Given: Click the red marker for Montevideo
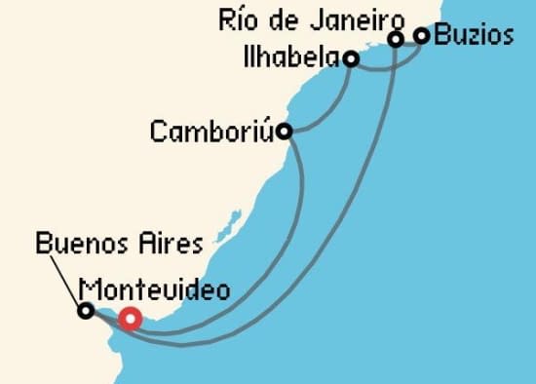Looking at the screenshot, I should pyautogui.click(x=130, y=319).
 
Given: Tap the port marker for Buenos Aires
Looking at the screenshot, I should pyautogui.click(x=86, y=311).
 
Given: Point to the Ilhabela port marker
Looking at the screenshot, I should pyautogui.click(x=350, y=59).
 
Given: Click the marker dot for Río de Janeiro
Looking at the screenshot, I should pyautogui.click(x=397, y=39).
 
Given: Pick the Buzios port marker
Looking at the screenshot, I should pyautogui.click(x=422, y=36).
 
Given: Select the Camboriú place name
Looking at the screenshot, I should pyautogui.click(x=211, y=132).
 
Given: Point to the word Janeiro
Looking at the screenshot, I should pyautogui.click(x=363, y=19).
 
